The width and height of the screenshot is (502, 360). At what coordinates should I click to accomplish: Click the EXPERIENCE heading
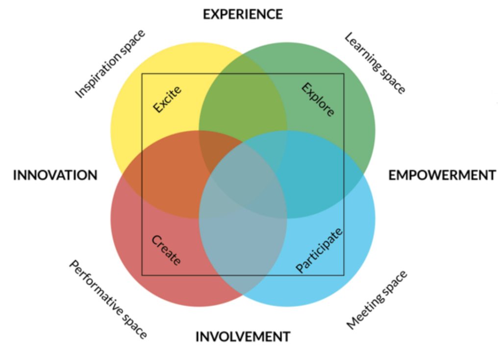[243, 14]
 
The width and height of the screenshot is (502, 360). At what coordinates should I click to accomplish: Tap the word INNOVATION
[55, 175]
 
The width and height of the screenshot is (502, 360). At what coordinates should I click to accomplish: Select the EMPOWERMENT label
[442, 175]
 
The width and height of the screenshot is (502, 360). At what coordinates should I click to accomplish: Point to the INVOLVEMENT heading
[243, 337]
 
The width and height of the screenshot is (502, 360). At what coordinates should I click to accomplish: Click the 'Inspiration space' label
[110, 64]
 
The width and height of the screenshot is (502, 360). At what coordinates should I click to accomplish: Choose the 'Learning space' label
[375, 63]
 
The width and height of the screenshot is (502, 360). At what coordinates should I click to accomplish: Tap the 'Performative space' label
[107, 299]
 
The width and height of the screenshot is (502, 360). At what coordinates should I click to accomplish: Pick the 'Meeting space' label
[377, 300]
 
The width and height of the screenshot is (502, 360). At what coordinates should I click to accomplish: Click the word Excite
[167, 100]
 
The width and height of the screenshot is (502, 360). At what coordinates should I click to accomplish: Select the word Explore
[318, 100]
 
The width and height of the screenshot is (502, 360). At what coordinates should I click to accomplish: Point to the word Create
[166, 250]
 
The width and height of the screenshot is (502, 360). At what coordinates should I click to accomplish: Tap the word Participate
[319, 250]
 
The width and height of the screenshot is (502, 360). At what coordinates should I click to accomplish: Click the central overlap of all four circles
[243, 175]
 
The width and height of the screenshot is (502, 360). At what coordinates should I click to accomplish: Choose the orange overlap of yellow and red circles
[167, 175]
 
